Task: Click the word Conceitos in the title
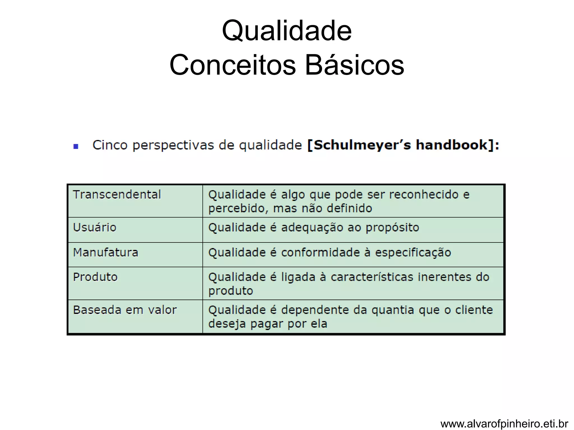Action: pyautogui.click(x=232, y=65)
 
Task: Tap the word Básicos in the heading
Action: pyautogui.click(x=354, y=65)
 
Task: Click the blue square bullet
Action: pyautogui.click(x=76, y=146)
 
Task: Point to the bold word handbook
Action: pyautogui.click(x=452, y=145)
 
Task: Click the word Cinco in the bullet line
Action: pyautogui.click(x=110, y=145)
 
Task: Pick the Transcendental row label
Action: pyautogui.click(x=117, y=195)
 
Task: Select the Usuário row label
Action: pyautogui.click(x=94, y=227)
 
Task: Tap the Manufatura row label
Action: pyautogui.click(x=106, y=253)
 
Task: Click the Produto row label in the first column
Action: pyautogui.click(x=95, y=277)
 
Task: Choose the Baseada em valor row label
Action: pyautogui.click(x=125, y=310)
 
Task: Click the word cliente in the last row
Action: pyautogui.click(x=474, y=310)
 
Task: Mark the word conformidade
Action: pyautogui.click(x=320, y=253)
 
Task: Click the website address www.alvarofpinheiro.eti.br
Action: pyautogui.click(x=504, y=424)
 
